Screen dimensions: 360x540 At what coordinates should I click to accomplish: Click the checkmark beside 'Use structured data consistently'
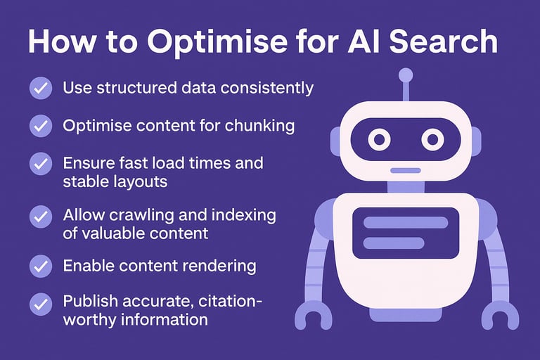(x=40, y=89)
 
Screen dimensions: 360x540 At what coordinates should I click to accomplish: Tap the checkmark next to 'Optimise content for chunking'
(x=40, y=126)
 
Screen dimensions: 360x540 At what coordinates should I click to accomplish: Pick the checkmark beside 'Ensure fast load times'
(x=40, y=164)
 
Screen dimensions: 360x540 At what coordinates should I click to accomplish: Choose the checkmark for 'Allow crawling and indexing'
(x=40, y=215)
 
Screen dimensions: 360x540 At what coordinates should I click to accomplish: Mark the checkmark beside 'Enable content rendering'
(x=40, y=266)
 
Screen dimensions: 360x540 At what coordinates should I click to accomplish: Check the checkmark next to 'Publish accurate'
(x=40, y=304)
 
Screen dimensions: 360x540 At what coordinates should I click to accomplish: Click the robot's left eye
(x=379, y=139)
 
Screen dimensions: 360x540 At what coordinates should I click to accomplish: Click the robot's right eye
(x=431, y=139)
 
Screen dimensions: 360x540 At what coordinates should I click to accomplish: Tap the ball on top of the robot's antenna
(x=405, y=75)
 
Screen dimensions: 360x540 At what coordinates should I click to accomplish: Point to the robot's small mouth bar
(x=405, y=170)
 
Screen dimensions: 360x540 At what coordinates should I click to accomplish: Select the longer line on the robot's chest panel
(x=405, y=222)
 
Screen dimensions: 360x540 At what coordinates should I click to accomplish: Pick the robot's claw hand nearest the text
(x=312, y=316)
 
